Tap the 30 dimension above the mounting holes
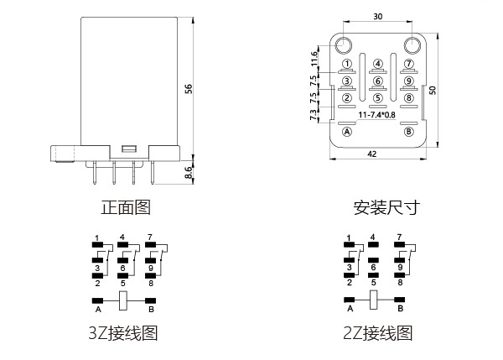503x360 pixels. coord(377,16)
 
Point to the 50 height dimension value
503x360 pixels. coord(434,91)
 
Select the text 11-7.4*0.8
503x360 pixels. coord(377,113)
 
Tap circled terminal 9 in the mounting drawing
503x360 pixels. coord(409,81)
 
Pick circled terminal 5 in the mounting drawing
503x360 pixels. coord(378,97)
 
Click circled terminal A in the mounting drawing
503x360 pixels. coord(347,132)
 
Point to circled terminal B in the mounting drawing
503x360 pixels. coord(409,132)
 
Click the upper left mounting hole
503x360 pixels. coord(344,44)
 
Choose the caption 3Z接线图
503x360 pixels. coord(123,333)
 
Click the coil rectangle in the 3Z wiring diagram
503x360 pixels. coord(123,300)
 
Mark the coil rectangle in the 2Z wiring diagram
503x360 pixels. coord(374,300)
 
